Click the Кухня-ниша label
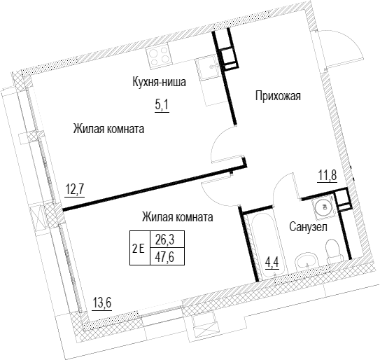coord(160,82)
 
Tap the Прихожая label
coord(278,96)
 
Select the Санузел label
coord(308,227)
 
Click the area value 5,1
coord(162,106)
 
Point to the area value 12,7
coord(75,190)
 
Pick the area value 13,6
coord(102,303)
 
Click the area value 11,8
coord(328,176)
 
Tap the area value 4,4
coord(272,263)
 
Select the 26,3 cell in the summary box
coord(167,240)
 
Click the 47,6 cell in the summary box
coord(167,256)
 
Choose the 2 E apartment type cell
coord(140,248)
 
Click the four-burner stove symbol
coord(158,57)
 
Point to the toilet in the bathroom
coord(335,251)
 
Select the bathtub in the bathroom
coord(269,245)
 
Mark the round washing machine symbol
coord(324,207)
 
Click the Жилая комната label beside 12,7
coord(108,129)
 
